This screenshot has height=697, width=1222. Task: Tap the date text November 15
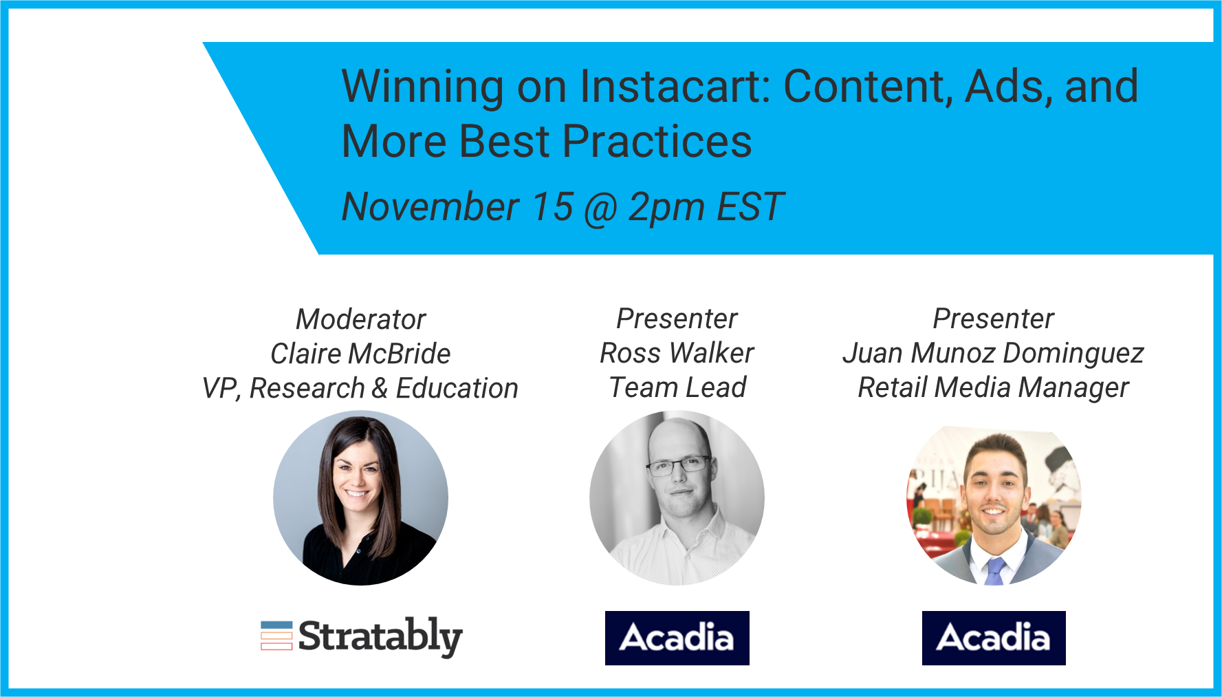457,206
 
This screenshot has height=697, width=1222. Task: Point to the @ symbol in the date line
601,208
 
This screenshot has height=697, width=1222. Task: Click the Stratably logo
362,636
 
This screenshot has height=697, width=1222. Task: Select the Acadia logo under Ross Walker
677,638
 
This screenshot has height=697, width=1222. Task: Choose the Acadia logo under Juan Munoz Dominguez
994,638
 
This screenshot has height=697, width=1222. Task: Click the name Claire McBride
360,354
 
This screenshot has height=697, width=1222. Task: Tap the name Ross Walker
677,353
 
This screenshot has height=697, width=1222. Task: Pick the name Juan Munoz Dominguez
993,354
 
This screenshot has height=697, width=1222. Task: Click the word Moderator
361,319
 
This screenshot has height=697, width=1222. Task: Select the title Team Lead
678,387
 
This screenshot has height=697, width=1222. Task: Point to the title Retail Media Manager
993,388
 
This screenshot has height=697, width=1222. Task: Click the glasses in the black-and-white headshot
678,466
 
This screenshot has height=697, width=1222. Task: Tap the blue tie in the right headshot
995,571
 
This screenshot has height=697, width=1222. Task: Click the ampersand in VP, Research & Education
380,389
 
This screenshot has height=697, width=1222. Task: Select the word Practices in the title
657,142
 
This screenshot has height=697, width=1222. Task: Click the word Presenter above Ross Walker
677,319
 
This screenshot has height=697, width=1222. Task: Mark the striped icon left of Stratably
276,636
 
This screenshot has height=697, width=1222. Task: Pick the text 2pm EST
706,207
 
